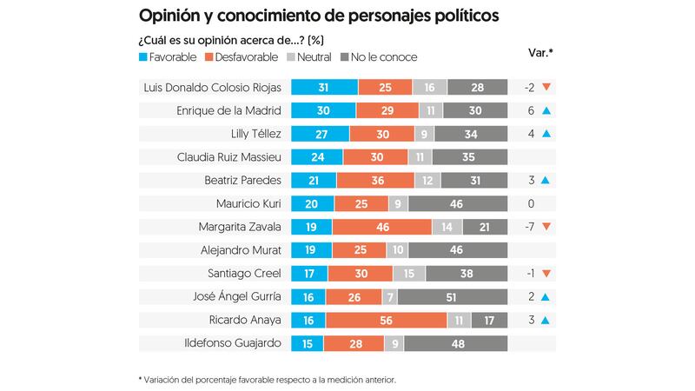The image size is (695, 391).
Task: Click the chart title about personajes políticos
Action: click(x=319, y=17)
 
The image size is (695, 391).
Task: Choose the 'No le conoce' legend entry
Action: click(x=378, y=56)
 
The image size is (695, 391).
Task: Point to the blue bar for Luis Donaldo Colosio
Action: click(x=324, y=87)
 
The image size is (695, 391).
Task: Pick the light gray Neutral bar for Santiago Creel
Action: click(x=408, y=273)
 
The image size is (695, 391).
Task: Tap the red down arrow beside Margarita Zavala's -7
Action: click(x=546, y=227)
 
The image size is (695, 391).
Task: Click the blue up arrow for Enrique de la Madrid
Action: click(x=546, y=110)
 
